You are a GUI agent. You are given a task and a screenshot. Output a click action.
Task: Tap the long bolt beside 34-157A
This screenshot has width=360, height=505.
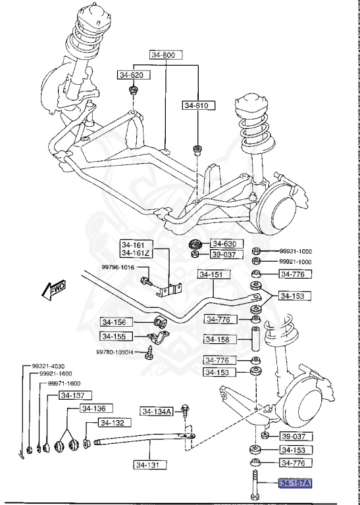254,484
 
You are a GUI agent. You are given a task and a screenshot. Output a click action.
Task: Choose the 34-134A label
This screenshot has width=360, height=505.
156,412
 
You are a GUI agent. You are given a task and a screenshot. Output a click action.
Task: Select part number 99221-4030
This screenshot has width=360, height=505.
48,366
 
